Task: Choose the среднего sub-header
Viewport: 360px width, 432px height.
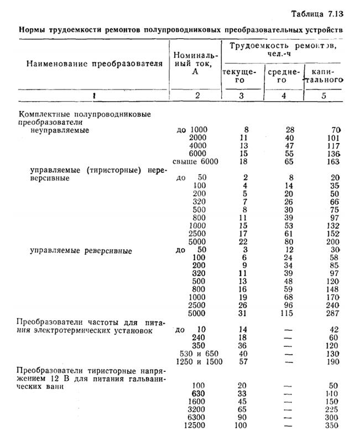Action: (x=283, y=76)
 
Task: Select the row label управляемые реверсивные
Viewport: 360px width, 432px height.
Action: (x=81, y=250)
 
